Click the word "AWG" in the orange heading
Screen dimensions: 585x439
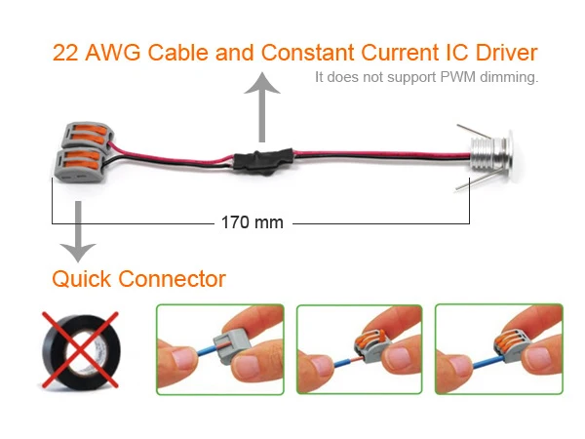(x=113, y=53)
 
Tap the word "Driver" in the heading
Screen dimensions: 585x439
(x=506, y=53)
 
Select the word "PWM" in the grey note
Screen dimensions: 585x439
(x=458, y=77)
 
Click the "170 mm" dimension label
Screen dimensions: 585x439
(x=253, y=222)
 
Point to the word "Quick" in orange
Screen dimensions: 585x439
(x=81, y=279)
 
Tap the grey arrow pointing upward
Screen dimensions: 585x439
(x=262, y=107)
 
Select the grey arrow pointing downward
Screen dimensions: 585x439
(x=78, y=231)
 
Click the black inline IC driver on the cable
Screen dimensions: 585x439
(x=263, y=161)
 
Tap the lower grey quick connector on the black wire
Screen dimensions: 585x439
(x=80, y=166)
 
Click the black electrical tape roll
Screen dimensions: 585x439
(x=81, y=352)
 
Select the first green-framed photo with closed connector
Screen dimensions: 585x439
(x=220, y=349)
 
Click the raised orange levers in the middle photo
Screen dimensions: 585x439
(x=370, y=338)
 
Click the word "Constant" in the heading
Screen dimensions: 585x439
(x=307, y=53)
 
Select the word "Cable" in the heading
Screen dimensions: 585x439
(x=178, y=53)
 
